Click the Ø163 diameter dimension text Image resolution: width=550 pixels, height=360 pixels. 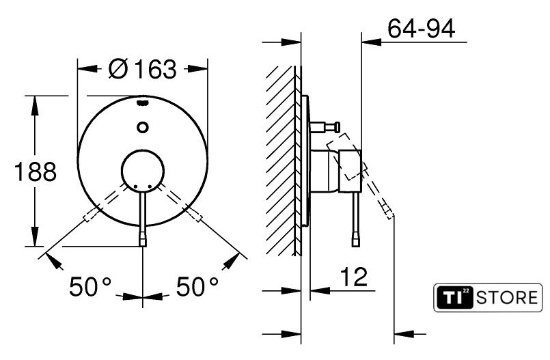(x=142, y=69)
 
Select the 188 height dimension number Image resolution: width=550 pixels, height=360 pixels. (x=35, y=171)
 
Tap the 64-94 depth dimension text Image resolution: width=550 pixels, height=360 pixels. (x=422, y=28)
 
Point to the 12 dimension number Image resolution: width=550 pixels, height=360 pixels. (x=354, y=277)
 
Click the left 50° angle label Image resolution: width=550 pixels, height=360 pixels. (x=90, y=286)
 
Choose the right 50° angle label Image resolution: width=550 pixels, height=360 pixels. (x=197, y=286)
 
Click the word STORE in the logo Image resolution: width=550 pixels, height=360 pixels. (x=507, y=298)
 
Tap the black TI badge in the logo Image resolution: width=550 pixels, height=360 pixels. (x=454, y=298)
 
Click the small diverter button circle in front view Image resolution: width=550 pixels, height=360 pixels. (x=142, y=127)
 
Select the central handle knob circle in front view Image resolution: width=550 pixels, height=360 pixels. (x=142, y=171)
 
